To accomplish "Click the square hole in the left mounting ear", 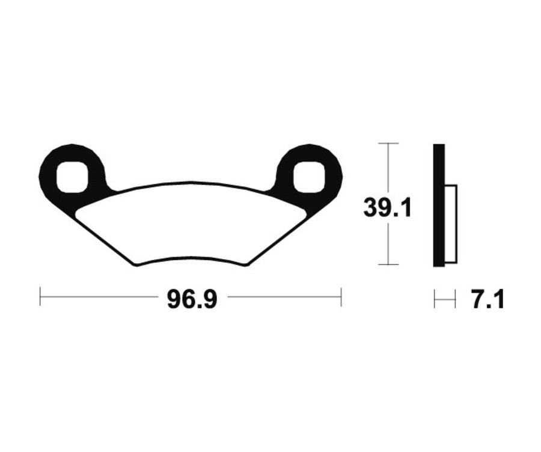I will point(72,177).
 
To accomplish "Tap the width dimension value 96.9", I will point(192,299).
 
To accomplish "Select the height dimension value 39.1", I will point(387,208).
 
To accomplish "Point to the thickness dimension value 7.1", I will point(487,299).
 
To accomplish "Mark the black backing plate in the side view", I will point(439,205).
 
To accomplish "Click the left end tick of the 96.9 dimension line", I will point(40,296).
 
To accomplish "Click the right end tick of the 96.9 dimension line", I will point(341,296).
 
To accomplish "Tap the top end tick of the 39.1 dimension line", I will point(389,144).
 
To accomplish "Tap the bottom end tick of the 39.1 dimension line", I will point(389,264).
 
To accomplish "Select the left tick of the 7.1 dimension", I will point(435,298).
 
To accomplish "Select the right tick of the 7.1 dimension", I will point(455,298).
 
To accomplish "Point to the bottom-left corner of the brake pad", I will point(136,265).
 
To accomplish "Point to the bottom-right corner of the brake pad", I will point(246,264).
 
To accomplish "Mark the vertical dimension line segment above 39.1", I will point(389,168).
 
